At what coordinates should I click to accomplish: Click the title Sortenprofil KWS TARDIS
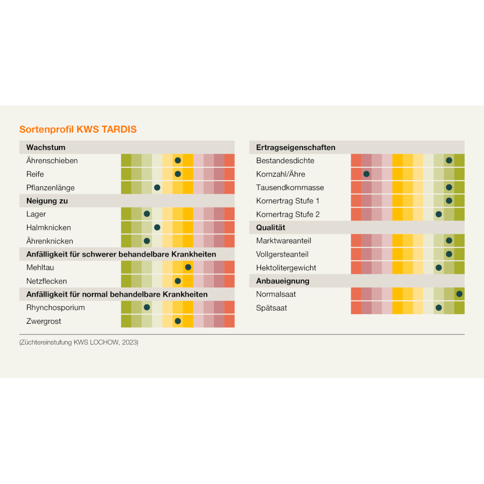tap(78, 129)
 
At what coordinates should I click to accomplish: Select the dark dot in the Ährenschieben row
tap(178, 160)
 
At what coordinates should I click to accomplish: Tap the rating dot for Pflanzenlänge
tap(157, 187)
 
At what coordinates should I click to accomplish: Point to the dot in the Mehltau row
tap(188, 267)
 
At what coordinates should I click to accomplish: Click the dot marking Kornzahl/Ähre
tap(366, 174)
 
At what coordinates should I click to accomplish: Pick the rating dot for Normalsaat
tap(459, 294)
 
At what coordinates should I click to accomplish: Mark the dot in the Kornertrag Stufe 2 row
tap(439, 214)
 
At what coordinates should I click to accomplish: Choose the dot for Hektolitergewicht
tap(439, 267)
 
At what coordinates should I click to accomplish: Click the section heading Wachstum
tap(46, 147)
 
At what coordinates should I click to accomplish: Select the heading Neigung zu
tap(47, 200)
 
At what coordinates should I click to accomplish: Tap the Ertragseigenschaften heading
tap(296, 147)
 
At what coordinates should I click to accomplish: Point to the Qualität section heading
tap(271, 227)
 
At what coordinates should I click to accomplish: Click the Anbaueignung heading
tap(283, 281)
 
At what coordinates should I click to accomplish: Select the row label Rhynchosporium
tap(56, 307)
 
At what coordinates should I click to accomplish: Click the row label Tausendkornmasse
tap(290, 187)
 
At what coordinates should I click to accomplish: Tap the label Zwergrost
tap(44, 321)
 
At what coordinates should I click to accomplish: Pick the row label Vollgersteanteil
tap(282, 254)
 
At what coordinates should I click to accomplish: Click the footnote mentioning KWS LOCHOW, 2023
tap(79, 342)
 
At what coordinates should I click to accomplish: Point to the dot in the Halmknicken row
tap(157, 227)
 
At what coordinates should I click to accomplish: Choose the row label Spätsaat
tap(272, 307)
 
